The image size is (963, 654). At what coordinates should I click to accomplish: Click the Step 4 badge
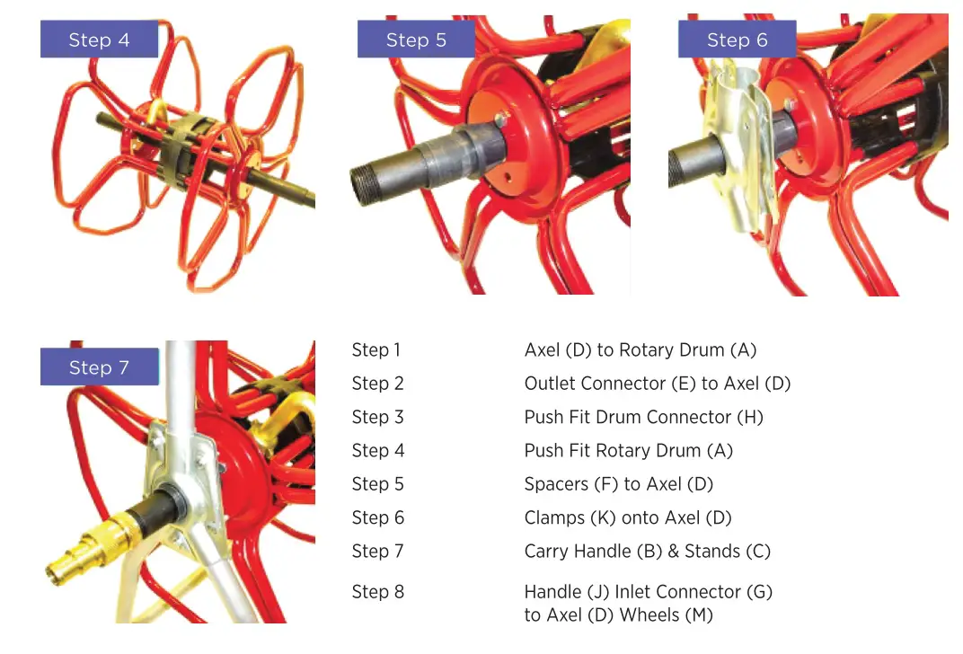(99, 40)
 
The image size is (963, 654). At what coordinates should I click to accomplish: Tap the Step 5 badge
(415, 40)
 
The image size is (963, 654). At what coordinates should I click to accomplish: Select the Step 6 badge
(737, 40)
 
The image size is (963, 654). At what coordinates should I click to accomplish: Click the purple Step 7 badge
(99, 367)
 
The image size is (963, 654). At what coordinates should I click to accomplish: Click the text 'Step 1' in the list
(376, 350)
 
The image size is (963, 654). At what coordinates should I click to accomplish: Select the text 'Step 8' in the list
(377, 592)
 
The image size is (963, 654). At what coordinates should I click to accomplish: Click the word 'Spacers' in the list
(556, 484)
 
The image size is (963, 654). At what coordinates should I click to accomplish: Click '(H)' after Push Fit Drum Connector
(750, 418)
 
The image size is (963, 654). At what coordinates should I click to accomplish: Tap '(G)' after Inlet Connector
(759, 592)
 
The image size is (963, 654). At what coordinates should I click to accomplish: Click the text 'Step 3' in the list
(377, 418)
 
